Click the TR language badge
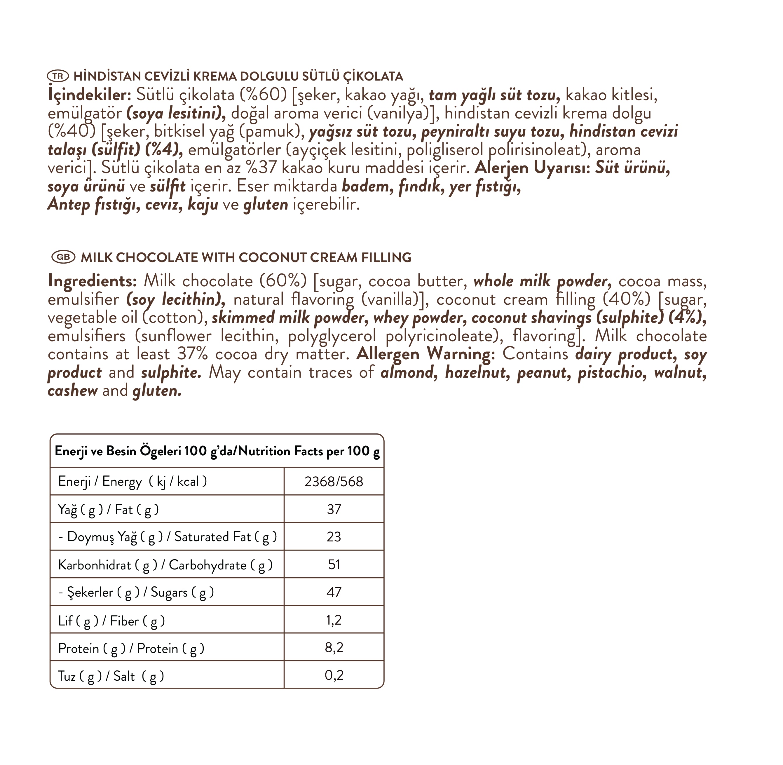click(58, 76)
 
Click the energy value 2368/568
click(334, 481)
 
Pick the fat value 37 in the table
click(334, 509)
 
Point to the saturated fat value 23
click(334, 537)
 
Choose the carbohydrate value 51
click(334, 564)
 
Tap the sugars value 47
click(334, 592)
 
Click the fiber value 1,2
click(334, 620)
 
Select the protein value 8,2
click(334, 648)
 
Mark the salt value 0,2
click(334, 675)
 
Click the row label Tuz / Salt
click(111, 676)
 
